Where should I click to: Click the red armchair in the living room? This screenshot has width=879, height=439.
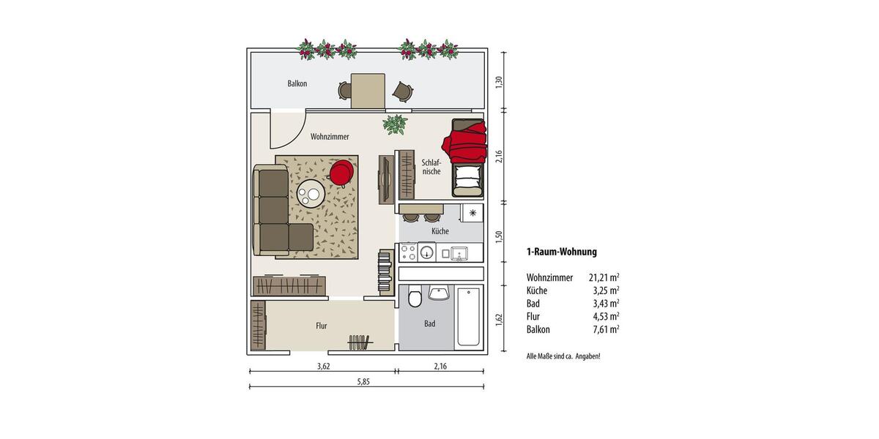(x=341, y=173)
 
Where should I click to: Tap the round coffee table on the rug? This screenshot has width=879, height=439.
(x=311, y=195)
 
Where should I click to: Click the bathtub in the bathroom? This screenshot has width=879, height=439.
(x=468, y=317)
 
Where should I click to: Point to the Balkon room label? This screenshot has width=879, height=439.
(x=297, y=83)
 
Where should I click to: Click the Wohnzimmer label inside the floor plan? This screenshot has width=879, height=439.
(x=329, y=137)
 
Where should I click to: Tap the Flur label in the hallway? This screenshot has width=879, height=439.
(x=321, y=326)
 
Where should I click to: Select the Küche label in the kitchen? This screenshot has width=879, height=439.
(x=439, y=231)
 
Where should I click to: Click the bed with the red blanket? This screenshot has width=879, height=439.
(x=467, y=157)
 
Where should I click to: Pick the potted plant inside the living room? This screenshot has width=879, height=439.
(x=396, y=124)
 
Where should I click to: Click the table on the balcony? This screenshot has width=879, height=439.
(x=368, y=91)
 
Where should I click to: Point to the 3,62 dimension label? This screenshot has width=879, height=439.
(x=323, y=366)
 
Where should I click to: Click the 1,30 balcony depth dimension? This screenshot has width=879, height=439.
(x=499, y=82)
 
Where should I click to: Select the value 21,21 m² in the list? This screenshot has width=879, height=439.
(x=604, y=277)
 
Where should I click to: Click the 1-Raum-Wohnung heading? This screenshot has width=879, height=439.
(x=561, y=252)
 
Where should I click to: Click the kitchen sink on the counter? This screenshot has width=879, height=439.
(x=459, y=253)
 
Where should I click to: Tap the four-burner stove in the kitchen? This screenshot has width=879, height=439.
(x=408, y=253)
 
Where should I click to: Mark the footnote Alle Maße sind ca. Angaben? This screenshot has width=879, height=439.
(x=563, y=356)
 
